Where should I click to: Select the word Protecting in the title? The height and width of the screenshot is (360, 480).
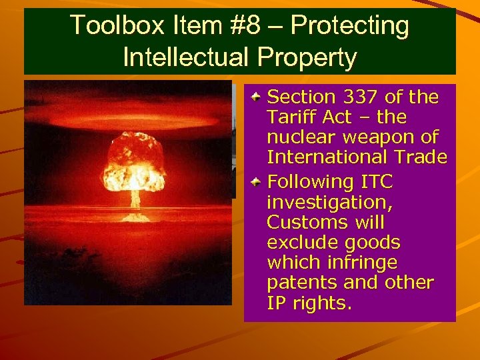(x=350, y=25)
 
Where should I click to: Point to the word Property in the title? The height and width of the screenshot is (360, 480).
(x=313, y=57)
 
